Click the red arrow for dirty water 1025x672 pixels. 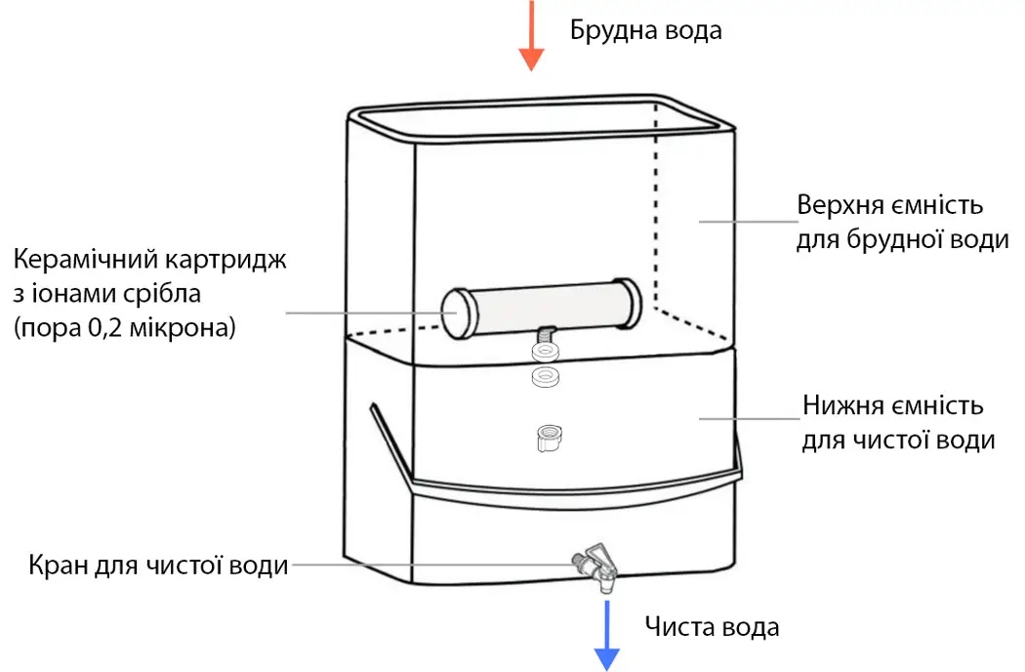530,36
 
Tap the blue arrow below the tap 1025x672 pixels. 607,635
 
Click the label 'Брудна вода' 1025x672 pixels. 645,30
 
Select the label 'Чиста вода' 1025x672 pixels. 712,626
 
